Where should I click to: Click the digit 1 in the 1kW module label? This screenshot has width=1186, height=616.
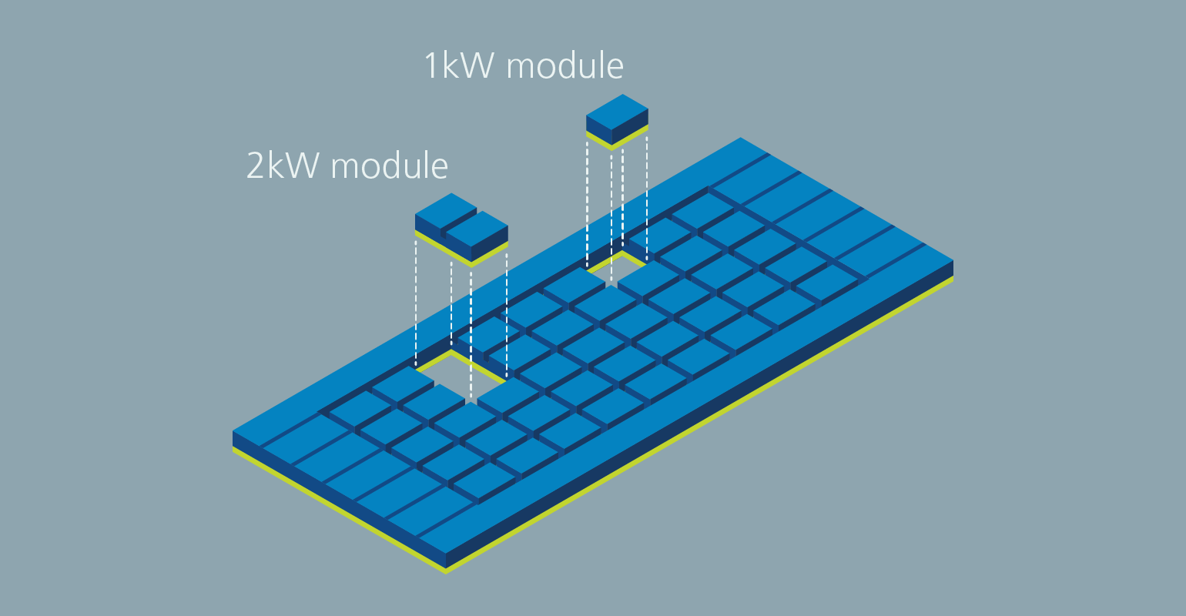(x=431, y=66)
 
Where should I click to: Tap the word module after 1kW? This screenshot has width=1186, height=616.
(x=565, y=66)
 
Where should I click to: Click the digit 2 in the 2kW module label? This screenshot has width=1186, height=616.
(x=255, y=166)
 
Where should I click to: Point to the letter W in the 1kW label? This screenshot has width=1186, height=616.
(x=477, y=66)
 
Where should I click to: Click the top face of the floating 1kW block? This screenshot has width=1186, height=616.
(x=617, y=112)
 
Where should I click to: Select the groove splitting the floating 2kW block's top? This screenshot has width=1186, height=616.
(x=459, y=219)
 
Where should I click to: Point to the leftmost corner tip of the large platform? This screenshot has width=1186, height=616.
(x=233, y=433)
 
